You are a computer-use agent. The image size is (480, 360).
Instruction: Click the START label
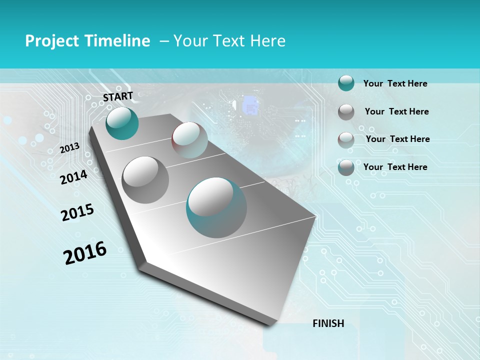[x=118, y=96]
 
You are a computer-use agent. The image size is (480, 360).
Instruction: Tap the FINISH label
[x=328, y=323]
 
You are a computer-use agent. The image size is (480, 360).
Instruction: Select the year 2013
[x=69, y=147]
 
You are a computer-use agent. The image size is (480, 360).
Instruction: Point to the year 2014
[x=73, y=177]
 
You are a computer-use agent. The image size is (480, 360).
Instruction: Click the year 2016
[x=85, y=252]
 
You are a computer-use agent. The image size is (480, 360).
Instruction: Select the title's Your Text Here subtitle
[x=229, y=41]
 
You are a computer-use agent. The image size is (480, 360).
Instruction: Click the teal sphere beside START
[x=122, y=123]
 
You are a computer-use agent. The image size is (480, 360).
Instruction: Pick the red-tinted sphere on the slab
[x=189, y=140]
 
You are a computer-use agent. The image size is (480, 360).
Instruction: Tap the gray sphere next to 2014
[x=145, y=180]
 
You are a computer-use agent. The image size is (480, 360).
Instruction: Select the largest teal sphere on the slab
[x=216, y=207]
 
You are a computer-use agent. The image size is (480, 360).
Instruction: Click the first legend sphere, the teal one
[x=346, y=83]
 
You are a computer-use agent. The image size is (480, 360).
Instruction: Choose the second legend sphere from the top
[x=346, y=112]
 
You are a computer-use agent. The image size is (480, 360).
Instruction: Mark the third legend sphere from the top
[x=346, y=140]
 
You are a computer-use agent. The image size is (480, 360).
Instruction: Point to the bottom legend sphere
[x=346, y=167]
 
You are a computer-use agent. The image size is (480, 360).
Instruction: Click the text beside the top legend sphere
[x=395, y=83]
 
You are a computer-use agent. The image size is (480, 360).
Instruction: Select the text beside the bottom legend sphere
[x=395, y=167]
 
